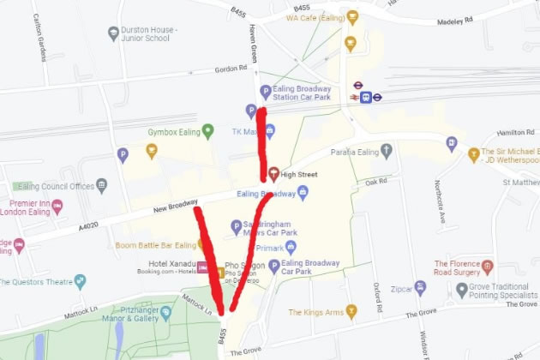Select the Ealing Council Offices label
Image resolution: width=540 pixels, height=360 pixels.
(58, 186)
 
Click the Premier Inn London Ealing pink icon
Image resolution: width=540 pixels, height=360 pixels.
(57, 206)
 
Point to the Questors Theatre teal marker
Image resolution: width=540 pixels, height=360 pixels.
(80, 280)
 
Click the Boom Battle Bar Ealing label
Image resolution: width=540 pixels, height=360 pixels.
(158, 246)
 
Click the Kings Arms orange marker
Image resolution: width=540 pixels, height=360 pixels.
(351, 312)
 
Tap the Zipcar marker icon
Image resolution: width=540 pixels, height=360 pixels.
(420, 288)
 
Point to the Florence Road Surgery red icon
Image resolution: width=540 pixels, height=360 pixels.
(488, 267)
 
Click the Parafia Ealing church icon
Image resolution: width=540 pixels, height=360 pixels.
(387, 152)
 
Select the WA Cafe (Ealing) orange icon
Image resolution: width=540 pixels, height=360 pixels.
(352, 17)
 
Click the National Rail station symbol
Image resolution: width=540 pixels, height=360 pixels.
(366, 97)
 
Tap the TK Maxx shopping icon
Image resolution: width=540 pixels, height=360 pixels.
(269, 131)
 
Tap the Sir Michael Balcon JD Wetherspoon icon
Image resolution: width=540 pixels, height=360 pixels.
(473, 155)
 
